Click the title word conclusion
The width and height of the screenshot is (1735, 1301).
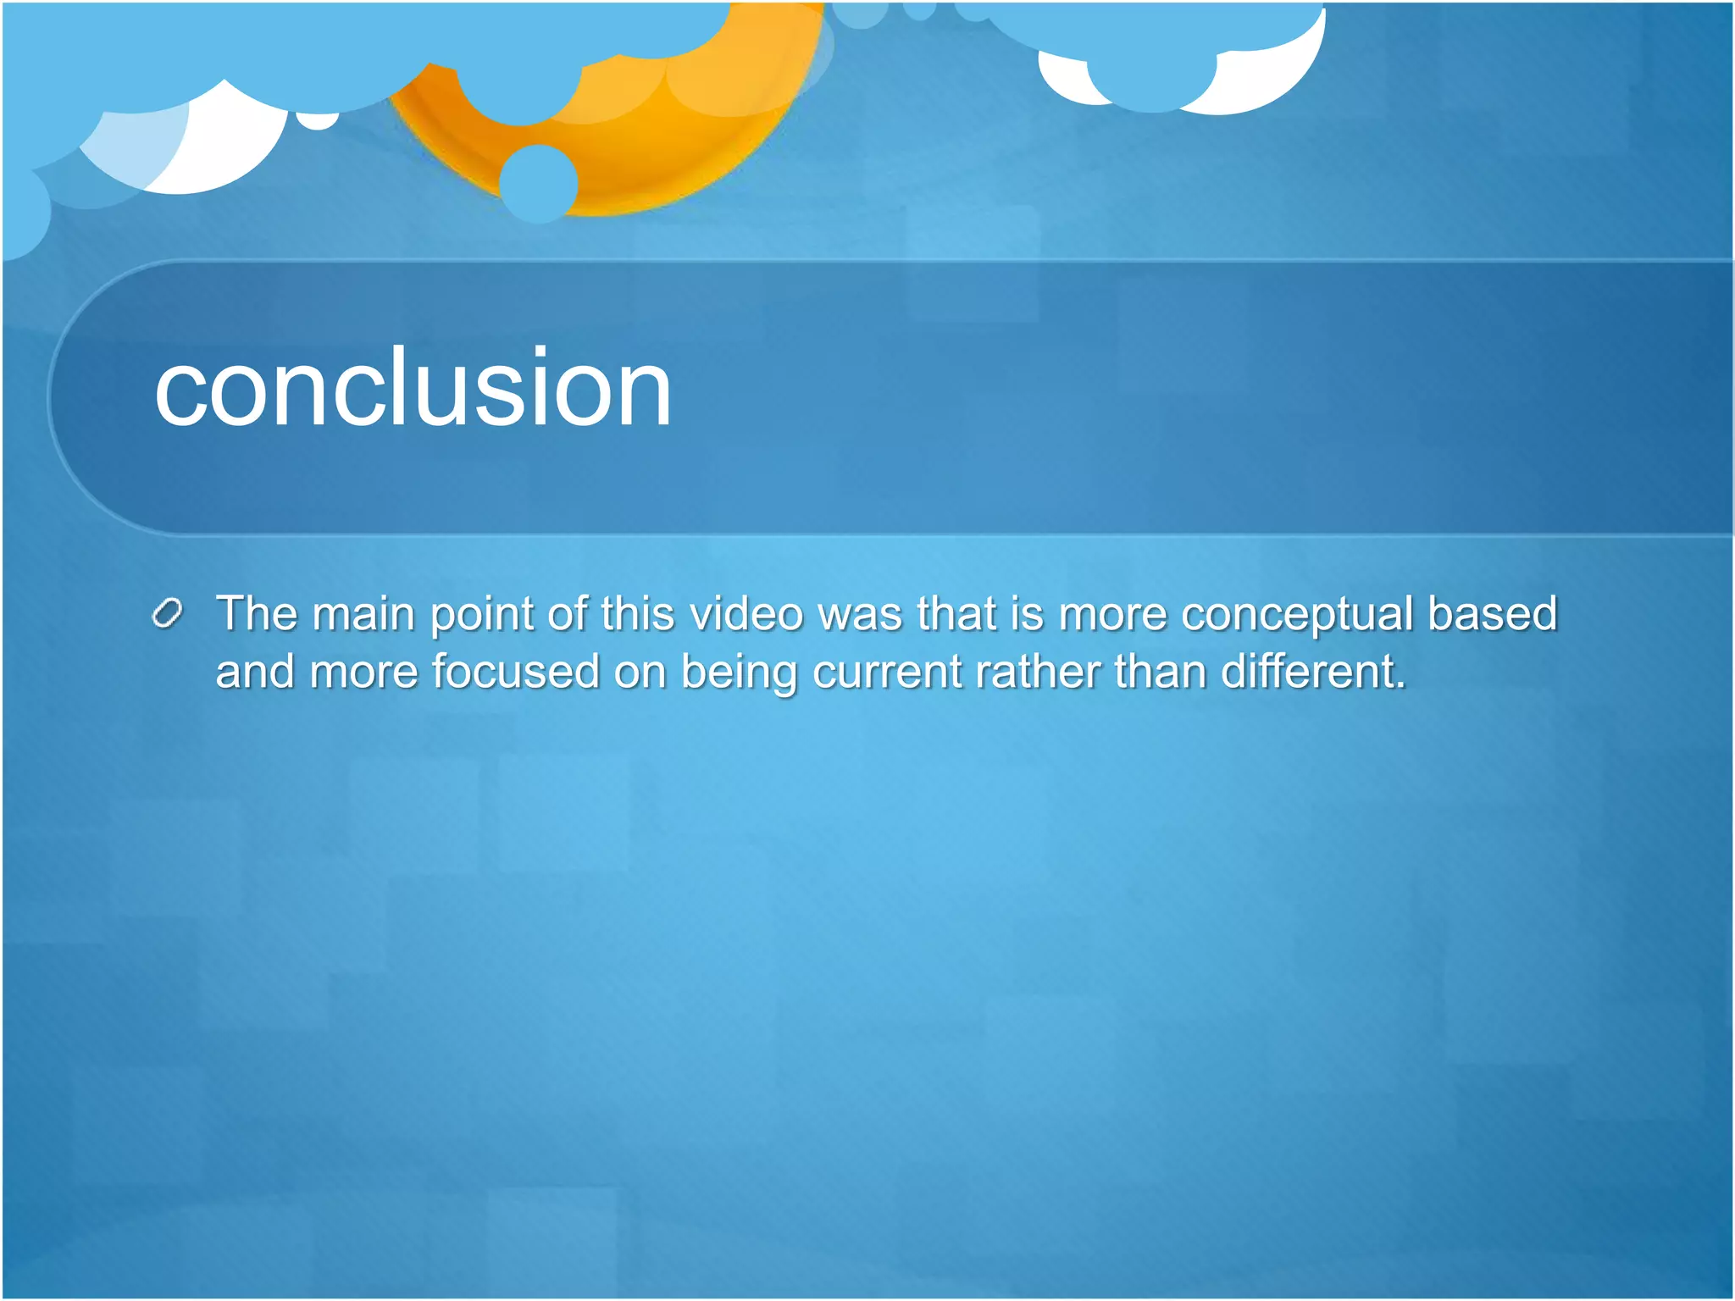(413, 390)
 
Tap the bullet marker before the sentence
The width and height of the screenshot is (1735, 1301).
(168, 613)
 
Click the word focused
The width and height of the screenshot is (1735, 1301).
(516, 672)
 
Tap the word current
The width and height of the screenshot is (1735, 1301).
(886, 673)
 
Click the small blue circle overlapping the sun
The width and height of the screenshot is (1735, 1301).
(539, 183)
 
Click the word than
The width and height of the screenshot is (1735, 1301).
(1160, 672)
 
